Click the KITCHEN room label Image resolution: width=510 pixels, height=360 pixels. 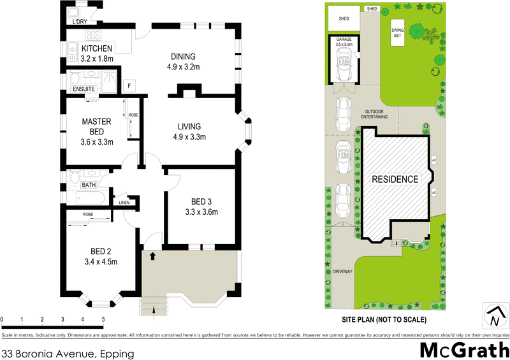[97, 48]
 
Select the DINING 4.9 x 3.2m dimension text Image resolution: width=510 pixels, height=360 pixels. [183, 66]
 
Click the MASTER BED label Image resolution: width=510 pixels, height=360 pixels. [96, 126]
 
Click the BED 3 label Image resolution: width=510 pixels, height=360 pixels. [201, 203]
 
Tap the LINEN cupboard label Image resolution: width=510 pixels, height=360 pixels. [124, 203]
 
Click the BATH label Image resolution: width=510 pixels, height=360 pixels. [88, 185]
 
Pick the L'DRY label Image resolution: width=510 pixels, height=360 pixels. [80, 22]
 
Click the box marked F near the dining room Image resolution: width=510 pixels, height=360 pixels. [131, 85]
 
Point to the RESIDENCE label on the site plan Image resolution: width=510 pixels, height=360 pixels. [395, 179]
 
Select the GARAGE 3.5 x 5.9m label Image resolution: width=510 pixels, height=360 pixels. [344, 42]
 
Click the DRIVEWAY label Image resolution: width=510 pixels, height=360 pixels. [342, 271]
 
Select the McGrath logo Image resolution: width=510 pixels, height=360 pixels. [463, 350]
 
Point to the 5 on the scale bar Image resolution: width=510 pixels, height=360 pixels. [103, 319]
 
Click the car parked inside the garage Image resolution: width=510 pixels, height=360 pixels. [344, 66]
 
